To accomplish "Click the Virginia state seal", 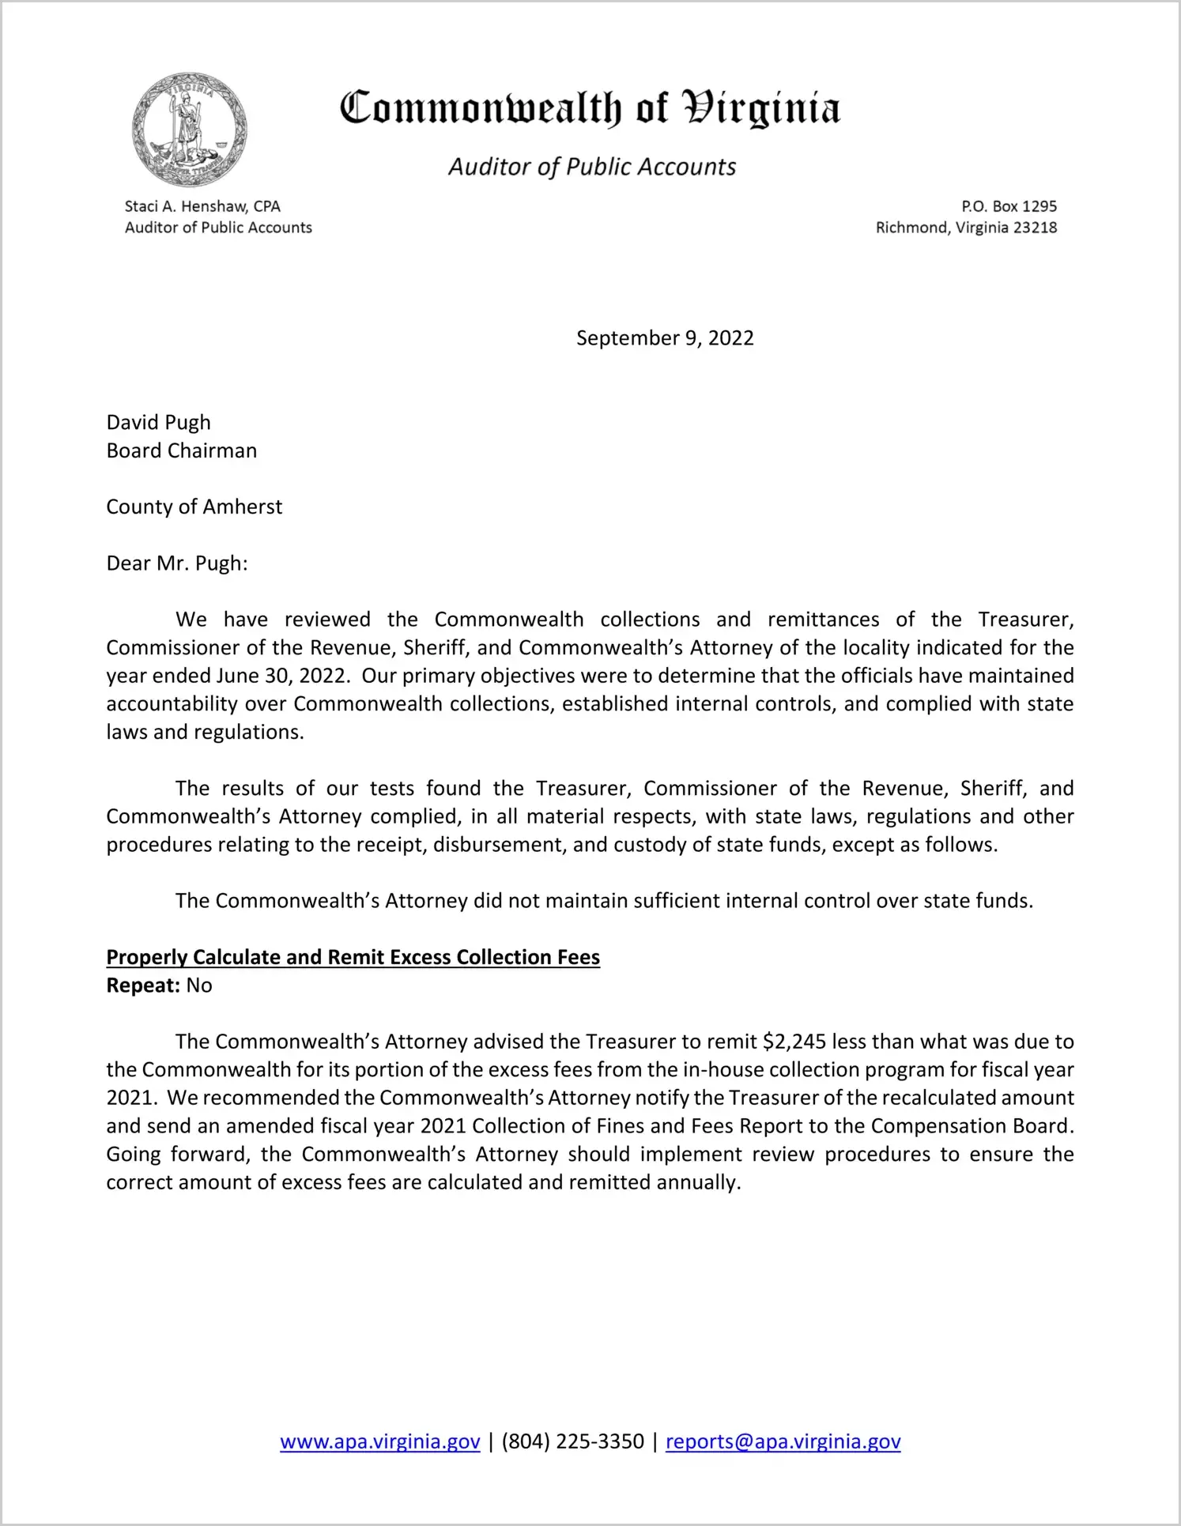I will [x=190, y=130].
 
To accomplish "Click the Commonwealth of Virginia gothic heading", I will [x=590, y=109].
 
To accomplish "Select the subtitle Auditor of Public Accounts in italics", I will [x=592, y=167].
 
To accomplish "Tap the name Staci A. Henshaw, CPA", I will [x=202, y=206].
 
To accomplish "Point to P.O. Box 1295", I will [x=1009, y=206].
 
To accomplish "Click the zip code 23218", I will [x=1035, y=228].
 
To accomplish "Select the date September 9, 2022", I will [x=665, y=338].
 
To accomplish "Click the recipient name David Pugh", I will [x=159, y=423].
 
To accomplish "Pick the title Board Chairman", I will [x=182, y=450].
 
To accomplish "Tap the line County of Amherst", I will [x=194, y=507].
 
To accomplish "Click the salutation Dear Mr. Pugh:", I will [x=177, y=563].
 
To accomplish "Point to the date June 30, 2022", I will [x=281, y=676].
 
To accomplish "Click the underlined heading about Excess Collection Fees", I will [x=353, y=957].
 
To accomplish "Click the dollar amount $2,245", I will [x=794, y=1042].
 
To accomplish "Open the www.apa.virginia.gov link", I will [x=380, y=1441].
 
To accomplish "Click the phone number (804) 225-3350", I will [x=573, y=1441].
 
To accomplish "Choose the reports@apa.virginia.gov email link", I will [x=783, y=1441].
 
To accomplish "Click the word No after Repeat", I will [x=200, y=985].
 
